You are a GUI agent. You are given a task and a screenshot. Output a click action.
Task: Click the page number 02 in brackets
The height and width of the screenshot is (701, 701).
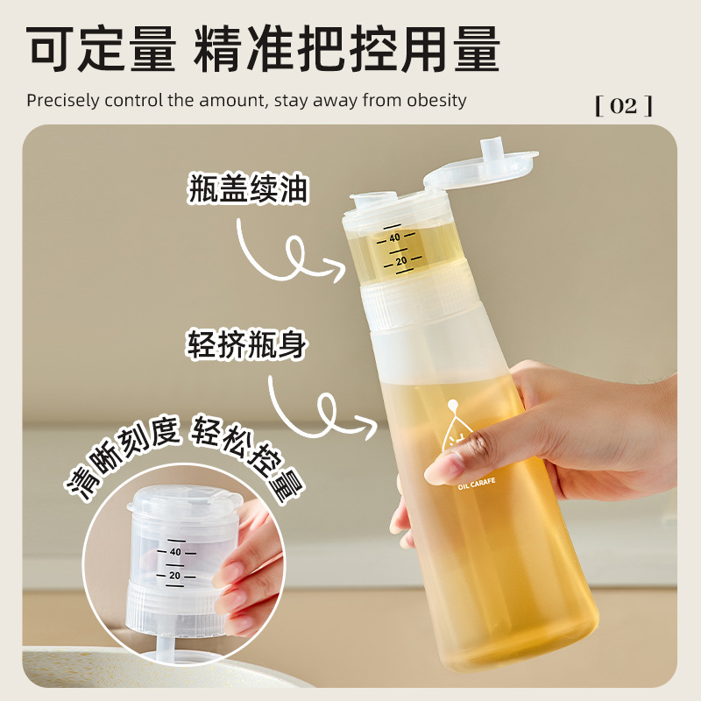624,106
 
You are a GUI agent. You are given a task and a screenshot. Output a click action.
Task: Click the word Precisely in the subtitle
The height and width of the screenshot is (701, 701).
62,100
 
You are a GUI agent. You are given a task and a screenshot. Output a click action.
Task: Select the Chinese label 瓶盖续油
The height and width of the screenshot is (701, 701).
248,188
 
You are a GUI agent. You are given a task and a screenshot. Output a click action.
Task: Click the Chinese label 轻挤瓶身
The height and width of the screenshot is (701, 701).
246,344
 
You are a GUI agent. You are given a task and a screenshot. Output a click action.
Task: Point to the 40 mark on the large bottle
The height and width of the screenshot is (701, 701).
394,237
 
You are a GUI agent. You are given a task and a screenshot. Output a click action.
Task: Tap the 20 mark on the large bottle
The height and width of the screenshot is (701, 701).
401,260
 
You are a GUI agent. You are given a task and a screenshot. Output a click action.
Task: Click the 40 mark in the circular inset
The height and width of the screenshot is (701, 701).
175,552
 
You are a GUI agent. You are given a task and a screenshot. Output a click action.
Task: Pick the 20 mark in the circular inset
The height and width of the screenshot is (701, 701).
174,576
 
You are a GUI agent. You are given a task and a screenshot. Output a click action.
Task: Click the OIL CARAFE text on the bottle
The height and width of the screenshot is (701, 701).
477,484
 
